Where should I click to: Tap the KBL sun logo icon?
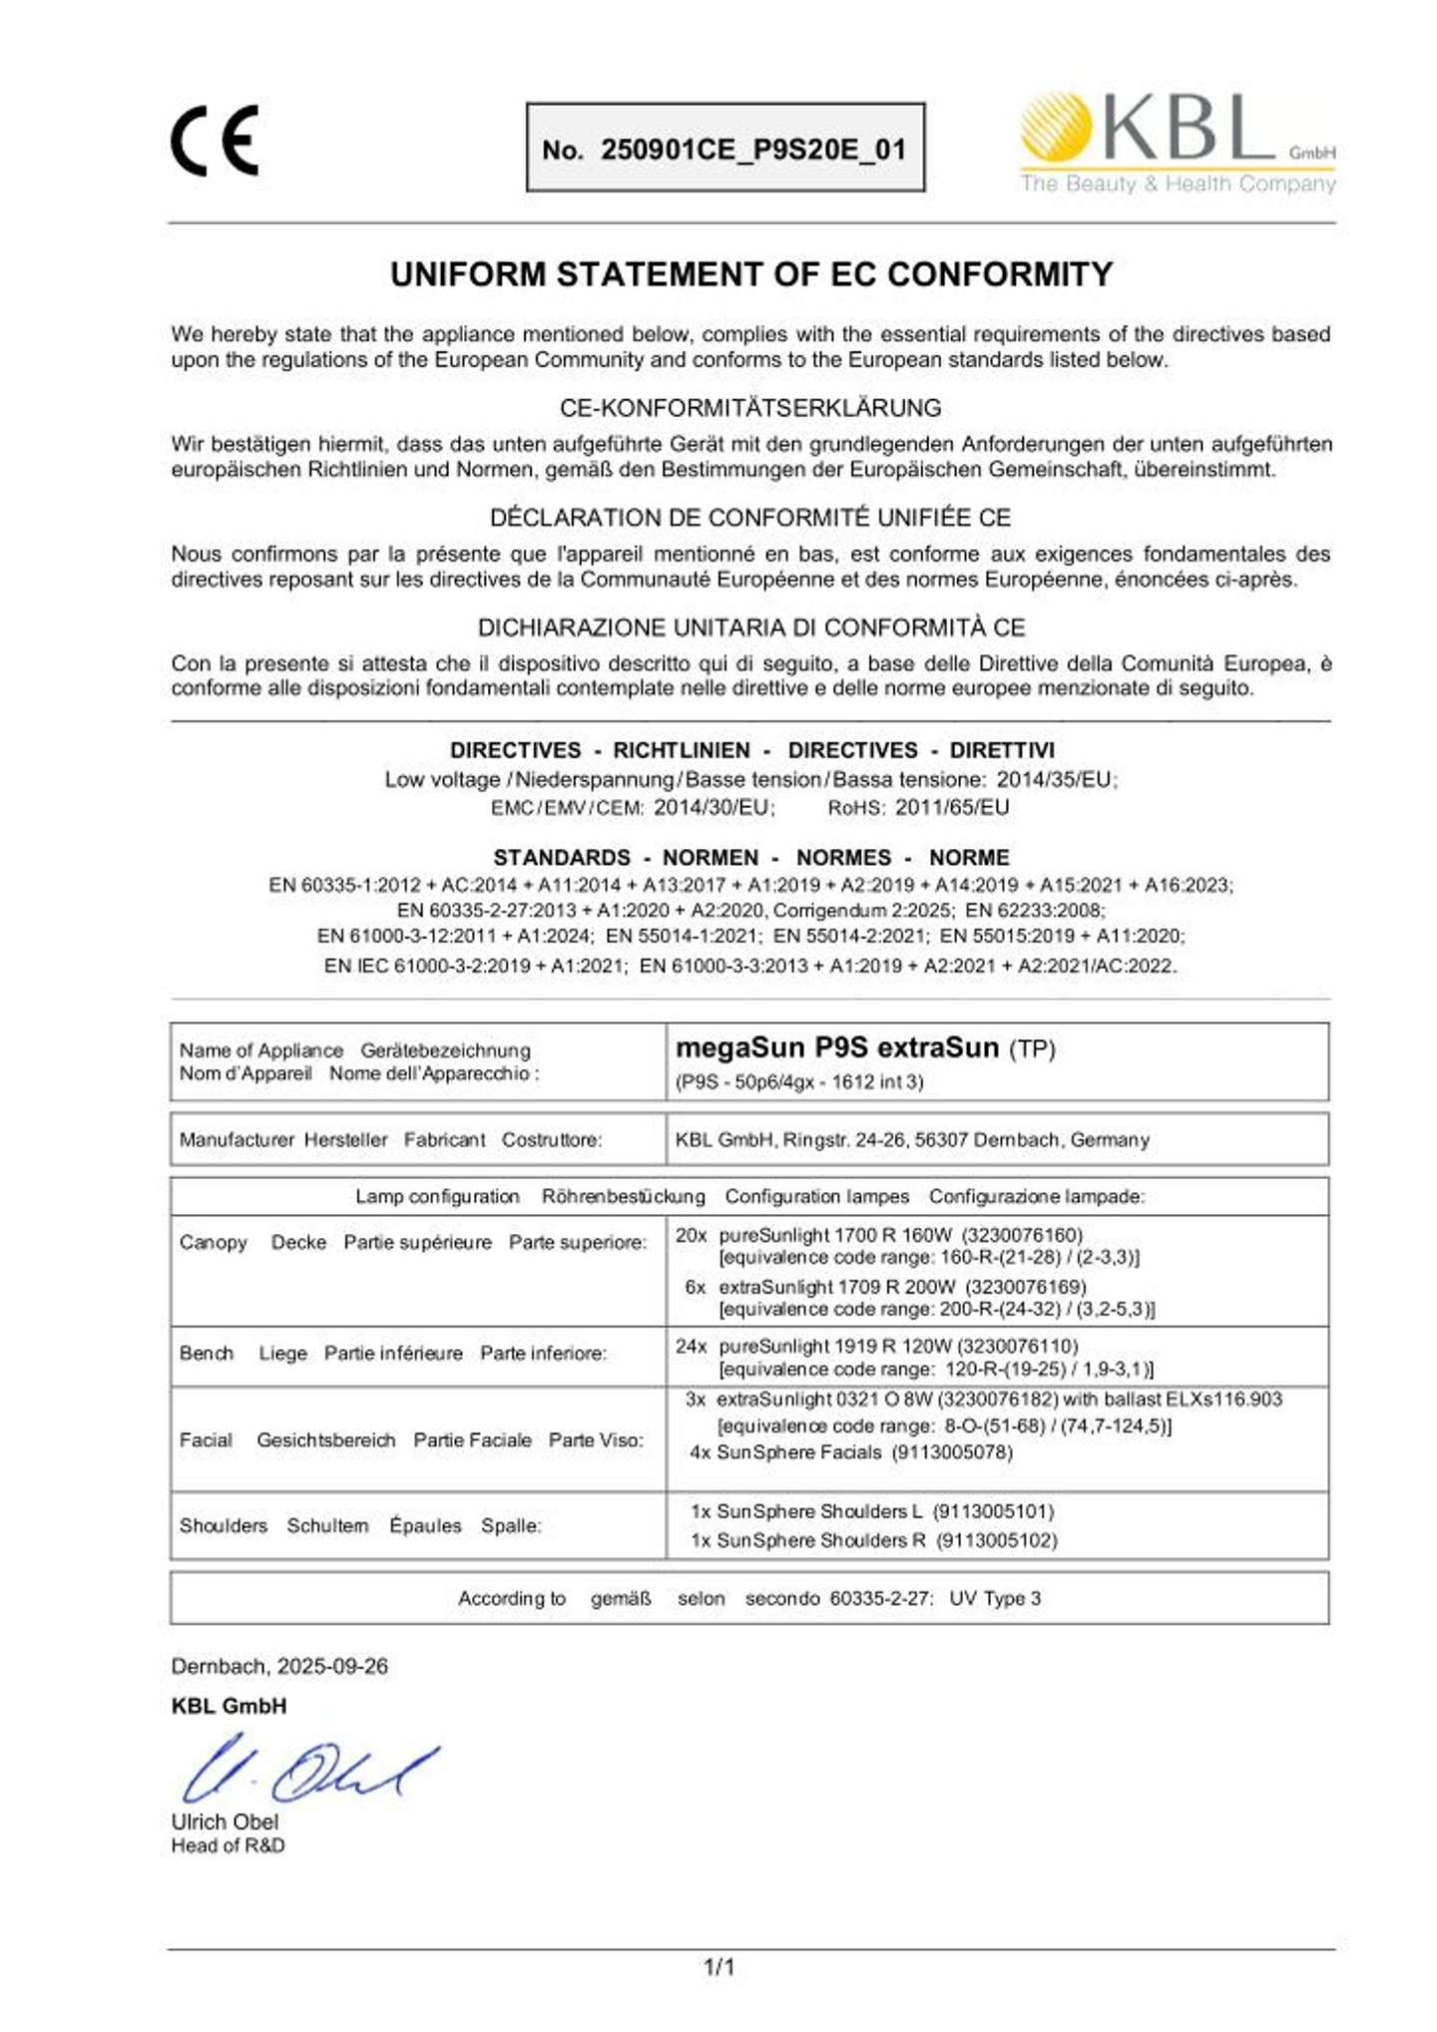pos(1055,127)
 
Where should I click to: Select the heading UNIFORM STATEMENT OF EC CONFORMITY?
pos(750,274)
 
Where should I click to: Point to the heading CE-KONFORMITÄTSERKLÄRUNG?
pos(750,408)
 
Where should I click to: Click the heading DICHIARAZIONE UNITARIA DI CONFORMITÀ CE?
pos(750,627)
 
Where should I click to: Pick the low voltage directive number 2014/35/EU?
pos(1056,780)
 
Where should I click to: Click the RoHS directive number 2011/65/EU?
pos(952,807)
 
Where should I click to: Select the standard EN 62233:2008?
pos(1034,910)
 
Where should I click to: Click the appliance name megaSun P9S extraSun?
pos(837,1047)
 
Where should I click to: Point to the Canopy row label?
pos(214,1242)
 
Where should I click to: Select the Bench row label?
pos(207,1353)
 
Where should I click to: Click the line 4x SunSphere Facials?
pos(850,1452)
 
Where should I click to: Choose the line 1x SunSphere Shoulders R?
pos(873,1540)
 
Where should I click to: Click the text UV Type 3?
pos(994,1598)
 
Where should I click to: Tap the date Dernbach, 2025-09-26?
pos(279,1666)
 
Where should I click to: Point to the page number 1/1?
pos(719,1967)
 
